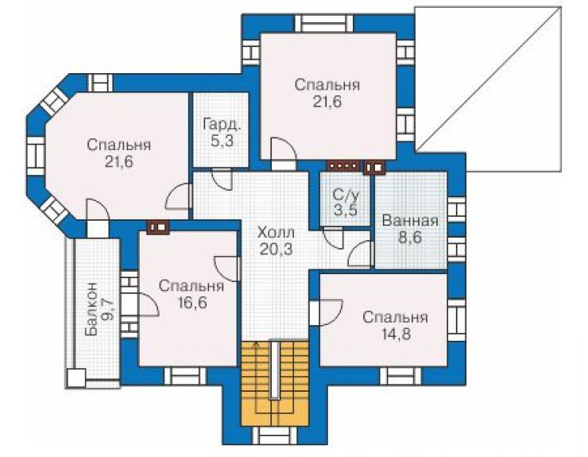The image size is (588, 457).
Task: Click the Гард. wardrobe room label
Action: pyautogui.click(x=222, y=124)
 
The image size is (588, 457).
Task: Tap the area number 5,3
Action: pyautogui.click(x=222, y=141)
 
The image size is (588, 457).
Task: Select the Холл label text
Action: pyautogui.click(x=276, y=233)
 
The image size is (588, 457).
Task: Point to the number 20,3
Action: pyautogui.click(x=276, y=249)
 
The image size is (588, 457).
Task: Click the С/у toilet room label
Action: pyautogui.click(x=346, y=195)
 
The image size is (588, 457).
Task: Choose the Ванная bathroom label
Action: pyautogui.click(x=410, y=221)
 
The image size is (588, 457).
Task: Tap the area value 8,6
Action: pyautogui.click(x=410, y=238)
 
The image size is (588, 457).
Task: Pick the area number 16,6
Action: pyautogui.click(x=192, y=303)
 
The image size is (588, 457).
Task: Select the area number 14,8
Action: pyautogui.click(x=396, y=334)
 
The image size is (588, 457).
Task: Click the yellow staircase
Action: pyautogui.click(x=274, y=383)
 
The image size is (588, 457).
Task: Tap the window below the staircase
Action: pyautogui.click(x=274, y=436)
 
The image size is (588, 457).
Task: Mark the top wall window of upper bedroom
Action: pyautogui.click(x=323, y=24)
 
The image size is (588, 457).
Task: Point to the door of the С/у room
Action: pyautogui.click(x=333, y=238)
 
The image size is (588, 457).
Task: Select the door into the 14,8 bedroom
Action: pyautogui.click(x=327, y=312)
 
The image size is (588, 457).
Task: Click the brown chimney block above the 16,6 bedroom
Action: pyautogui.click(x=159, y=227)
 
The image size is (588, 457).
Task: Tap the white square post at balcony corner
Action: pyautogui.click(x=76, y=378)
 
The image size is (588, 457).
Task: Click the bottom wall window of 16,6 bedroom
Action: pyautogui.click(x=185, y=377)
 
